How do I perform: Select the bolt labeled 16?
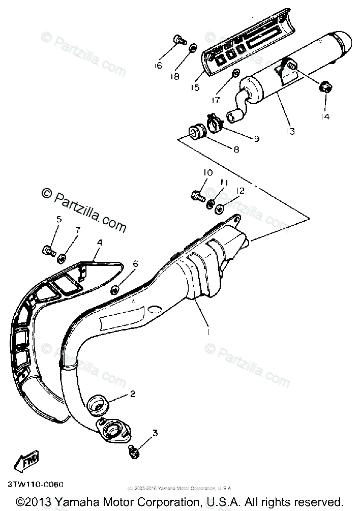[x=178, y=39]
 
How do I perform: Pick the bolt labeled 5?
[x=48, y=250]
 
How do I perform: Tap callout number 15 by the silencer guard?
[x=195, y=87]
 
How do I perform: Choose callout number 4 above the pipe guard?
[x=99, y=243]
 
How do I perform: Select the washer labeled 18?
[x=193, y=48]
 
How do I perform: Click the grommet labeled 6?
[x=115, y=289]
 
